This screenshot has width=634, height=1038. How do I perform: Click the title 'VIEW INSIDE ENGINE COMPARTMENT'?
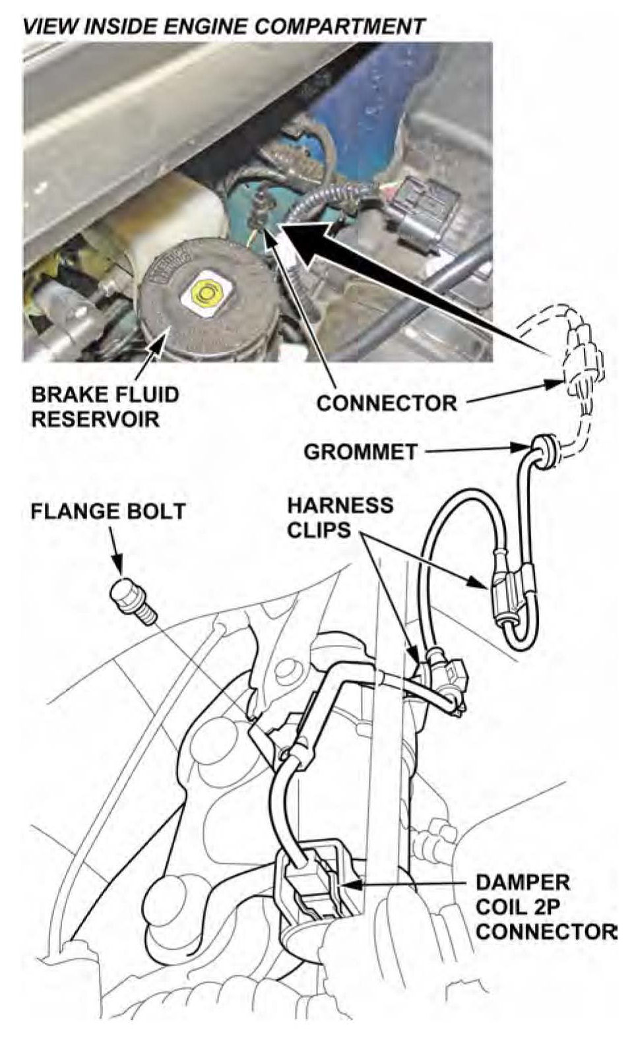pyautogui.click(x=224, y=26)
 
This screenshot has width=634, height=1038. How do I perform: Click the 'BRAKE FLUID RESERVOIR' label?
pyautogui.click(x=105, y=406)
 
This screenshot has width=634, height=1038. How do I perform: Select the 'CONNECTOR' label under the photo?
pyautogui.click(x=387, y=403)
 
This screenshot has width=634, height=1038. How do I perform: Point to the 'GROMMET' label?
pyautogui.click(x=361, y=451)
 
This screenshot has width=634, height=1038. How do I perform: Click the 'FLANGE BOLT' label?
pyautogui.click(x=108, y=511)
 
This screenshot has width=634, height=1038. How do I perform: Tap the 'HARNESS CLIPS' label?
pyautogui.click(x=340, y=518)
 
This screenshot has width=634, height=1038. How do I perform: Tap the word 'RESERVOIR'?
pyautogui.click(x=95, y=419)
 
